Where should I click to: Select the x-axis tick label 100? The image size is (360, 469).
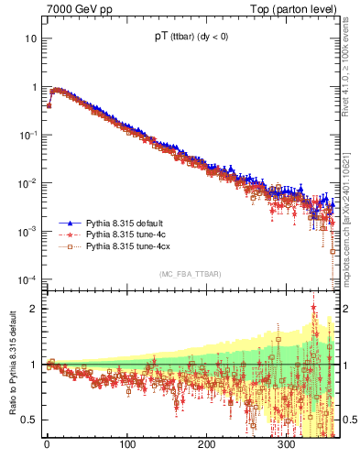pos(126,447)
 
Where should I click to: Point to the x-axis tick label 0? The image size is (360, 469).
pos(47,447)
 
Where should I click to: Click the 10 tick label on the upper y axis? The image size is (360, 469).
pos(31,39)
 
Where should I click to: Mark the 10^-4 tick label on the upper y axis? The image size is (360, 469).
pos(28,279)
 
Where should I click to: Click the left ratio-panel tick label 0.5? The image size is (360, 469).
pos(31,420)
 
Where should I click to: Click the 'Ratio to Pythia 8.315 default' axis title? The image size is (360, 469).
pos(12,365)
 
